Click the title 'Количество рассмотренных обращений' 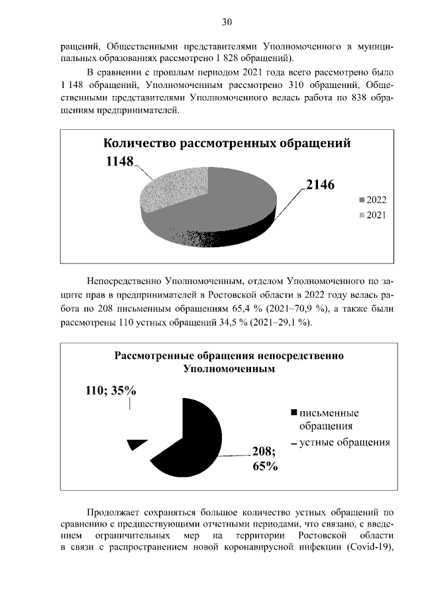pos(225,144)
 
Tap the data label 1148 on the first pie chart pos(119,161)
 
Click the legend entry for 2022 pos(372,199)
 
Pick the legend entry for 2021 pos(372,215)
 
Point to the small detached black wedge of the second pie pos(136,444)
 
